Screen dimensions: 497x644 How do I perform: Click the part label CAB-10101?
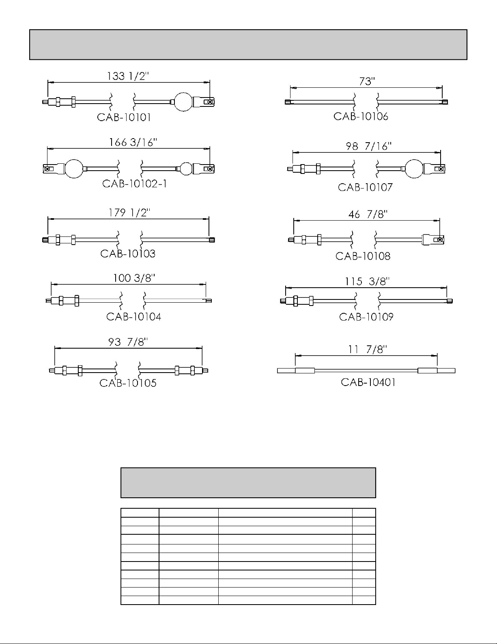124,118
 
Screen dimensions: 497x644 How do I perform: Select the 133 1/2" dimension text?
128,76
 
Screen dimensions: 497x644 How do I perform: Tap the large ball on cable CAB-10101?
183,102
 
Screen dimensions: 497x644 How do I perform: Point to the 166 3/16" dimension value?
133,143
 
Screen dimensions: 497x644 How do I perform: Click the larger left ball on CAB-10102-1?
74,169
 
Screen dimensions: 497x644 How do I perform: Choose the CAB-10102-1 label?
135,184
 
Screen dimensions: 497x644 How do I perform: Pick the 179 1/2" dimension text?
129,213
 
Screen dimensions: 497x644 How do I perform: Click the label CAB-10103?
128,254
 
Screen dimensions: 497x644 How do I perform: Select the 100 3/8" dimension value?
134,278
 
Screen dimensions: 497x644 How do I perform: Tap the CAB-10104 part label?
134,317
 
